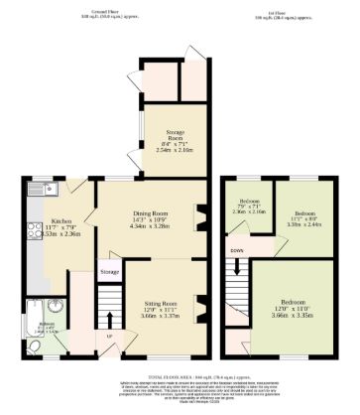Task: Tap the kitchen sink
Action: [52, 189]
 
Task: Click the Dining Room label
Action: [149, 212]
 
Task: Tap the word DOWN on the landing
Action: [236, 251]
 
